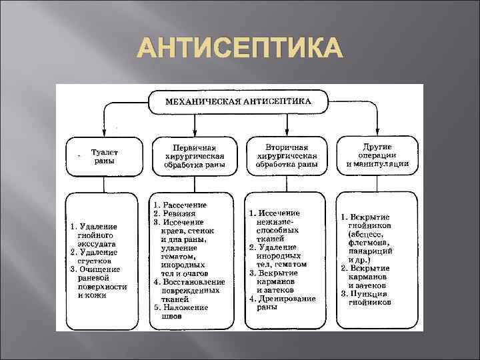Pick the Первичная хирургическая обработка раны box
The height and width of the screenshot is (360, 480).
(194, 155)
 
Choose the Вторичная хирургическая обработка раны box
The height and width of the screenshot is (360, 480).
(287, 155)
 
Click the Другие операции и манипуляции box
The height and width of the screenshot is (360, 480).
(377, 155)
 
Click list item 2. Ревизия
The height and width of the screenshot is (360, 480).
(175, 213)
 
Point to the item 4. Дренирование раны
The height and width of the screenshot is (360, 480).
(283, 303)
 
